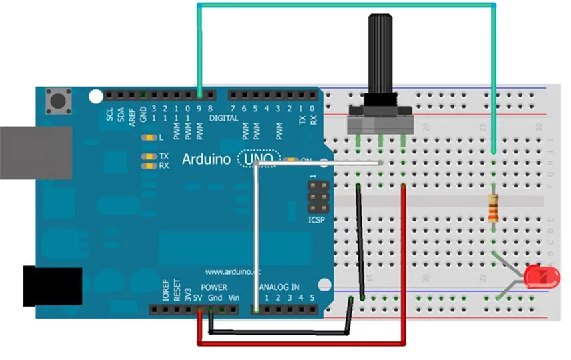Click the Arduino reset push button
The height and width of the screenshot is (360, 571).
pyautogui.click(x=60, y=102)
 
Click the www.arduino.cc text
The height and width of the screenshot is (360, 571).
pyautogui.click(x=231, y=272)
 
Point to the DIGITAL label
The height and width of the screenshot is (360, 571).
pyautogui.click(x=223, y=118)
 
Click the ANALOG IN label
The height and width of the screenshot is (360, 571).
pyautogui.click(x=279, y=287)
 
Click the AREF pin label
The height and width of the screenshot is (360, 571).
pyautogui.click(x=132, y=115)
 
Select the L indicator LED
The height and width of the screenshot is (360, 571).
pyautogui.click(x=148, y=137)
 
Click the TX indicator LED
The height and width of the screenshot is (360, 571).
pyautogui.click(x=148, y=156)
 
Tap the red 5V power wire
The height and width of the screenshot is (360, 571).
pyautogui.click(x=300, y=343)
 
